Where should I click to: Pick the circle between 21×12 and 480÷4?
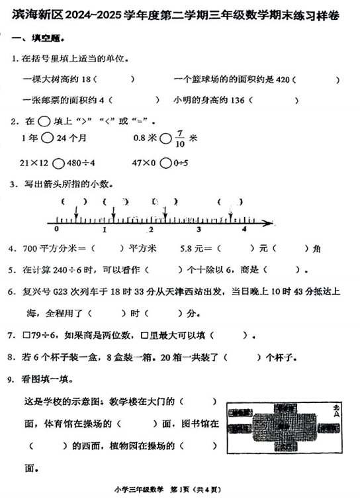tap(58, 163)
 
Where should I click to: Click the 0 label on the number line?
tap(57, 229)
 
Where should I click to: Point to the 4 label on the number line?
tap(244, 229)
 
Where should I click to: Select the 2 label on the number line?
tap(151, 229)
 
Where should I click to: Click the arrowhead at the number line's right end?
tap(272, 220)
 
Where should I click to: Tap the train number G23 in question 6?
tap(66, 292)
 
